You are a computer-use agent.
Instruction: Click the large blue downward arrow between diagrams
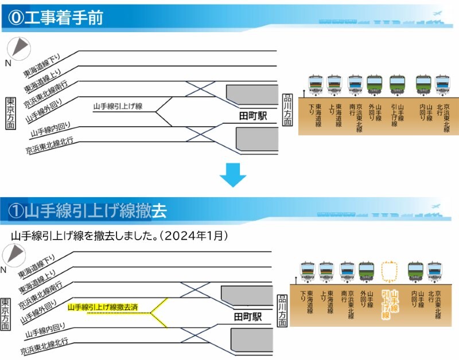pyautogui.click(x=232, y=175)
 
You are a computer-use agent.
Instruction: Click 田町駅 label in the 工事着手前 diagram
pyautogui.click(x=253, y=116)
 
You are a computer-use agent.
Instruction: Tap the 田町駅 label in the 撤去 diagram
pyautogui.click(x=248, y=316)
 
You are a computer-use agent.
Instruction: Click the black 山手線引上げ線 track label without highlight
pyautogui.click(x=117, y=106)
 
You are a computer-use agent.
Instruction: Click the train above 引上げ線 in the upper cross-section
pyautogui.click(x=398, y=84)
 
